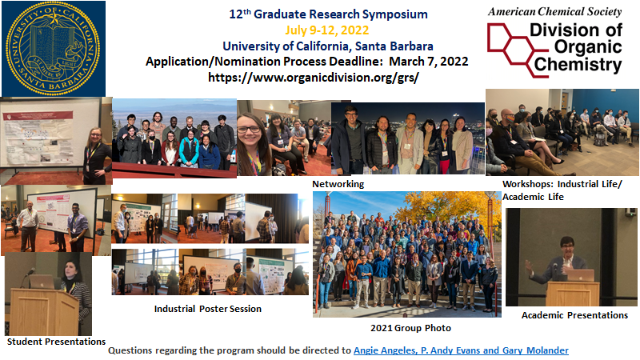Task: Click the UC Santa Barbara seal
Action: click(x=53, y=48)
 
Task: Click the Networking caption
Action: click(x=338, y=183)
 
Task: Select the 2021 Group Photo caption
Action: click(x=410, y=328)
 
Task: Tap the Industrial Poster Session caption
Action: click(x=207, y=308)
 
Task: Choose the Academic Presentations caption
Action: click(x=574, y=314)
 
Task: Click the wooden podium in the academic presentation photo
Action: click(x=572, y=293)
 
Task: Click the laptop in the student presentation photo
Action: click(x=42, y=282)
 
